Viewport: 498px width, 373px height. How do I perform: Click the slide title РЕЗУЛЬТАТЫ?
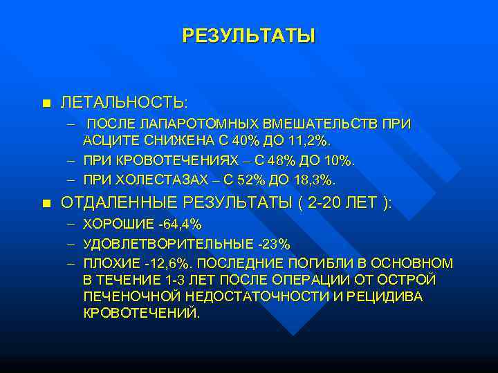click(248, 36)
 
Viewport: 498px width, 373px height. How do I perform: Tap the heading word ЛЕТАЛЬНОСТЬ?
click(122, 103)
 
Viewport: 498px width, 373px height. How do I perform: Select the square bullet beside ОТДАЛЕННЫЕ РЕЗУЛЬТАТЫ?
click(46, 203)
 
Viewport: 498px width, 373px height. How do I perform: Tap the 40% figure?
click(241, 141)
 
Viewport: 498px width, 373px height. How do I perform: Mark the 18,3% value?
click(317, 180)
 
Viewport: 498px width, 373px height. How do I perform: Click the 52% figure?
click(247, 180)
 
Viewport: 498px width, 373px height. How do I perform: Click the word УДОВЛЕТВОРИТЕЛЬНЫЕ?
click(164, 244)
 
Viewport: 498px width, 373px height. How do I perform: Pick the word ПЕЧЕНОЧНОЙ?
click(125, 296)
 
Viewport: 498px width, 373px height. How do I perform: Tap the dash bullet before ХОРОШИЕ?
click(72, 224)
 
